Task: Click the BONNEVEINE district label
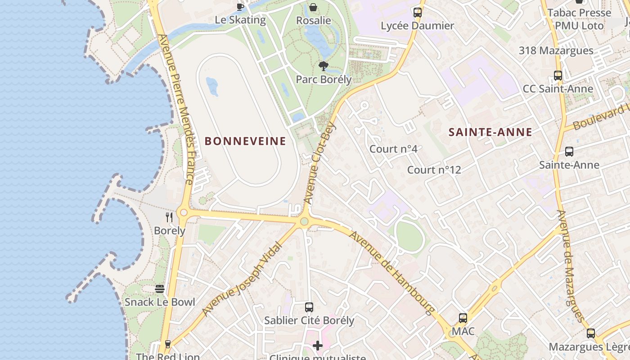245,141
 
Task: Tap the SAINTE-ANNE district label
490,132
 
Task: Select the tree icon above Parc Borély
323,67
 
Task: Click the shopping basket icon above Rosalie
313,7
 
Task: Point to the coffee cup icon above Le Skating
240,7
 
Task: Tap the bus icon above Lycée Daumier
417,12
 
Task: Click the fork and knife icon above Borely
169,217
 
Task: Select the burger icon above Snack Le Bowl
160,288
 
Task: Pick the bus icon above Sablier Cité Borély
309,307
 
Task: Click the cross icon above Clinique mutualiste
318,346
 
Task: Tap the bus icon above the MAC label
463,318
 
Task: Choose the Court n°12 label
434,170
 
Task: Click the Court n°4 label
393,149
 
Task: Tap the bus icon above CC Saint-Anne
558,76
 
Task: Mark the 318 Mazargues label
556,50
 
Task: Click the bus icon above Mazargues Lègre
590,333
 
